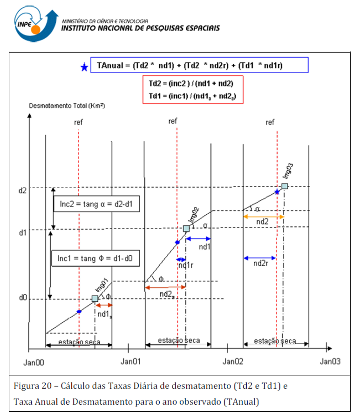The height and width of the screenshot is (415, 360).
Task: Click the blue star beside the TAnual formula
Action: pos(84,67)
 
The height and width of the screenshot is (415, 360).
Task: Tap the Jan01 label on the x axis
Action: pos(131,361)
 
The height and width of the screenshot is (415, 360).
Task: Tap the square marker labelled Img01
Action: pos(95,298)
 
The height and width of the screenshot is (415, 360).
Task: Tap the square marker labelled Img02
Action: pos(186,228)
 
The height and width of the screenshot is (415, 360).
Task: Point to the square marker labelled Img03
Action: pos(285,186)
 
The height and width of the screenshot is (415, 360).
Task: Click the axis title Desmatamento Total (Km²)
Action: pos(67,106)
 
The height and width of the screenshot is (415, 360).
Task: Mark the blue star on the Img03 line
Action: pos(277,191)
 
